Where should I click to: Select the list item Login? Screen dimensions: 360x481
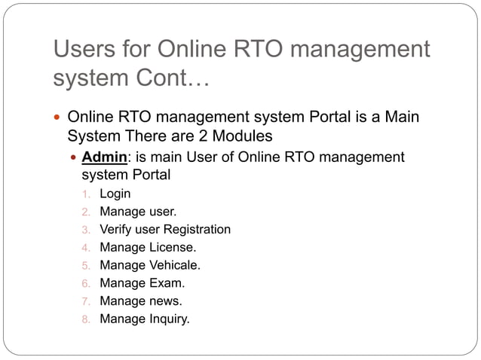[x=115, y=194]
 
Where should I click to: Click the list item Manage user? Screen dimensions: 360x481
[x=138, y=211]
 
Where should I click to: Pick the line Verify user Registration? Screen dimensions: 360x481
[x=165, y=229]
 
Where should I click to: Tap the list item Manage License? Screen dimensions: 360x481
[x=148, y=247]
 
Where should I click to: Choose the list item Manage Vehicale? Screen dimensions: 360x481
[x=150, y=265]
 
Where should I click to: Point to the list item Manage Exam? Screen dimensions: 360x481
[x=142, y=283]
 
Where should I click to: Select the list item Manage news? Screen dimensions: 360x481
[x=141, y=301]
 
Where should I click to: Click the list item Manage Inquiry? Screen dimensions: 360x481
[x=145, y=319]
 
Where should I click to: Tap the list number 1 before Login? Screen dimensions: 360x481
[x=85, y=194]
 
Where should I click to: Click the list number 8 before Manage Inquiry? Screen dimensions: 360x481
[x=86, y=319]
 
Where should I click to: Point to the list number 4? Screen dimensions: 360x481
[x=86, y=247]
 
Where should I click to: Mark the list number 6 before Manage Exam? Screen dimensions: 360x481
[x=86, y=283]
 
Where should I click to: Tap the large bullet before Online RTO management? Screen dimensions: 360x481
[x=58, y=118]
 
